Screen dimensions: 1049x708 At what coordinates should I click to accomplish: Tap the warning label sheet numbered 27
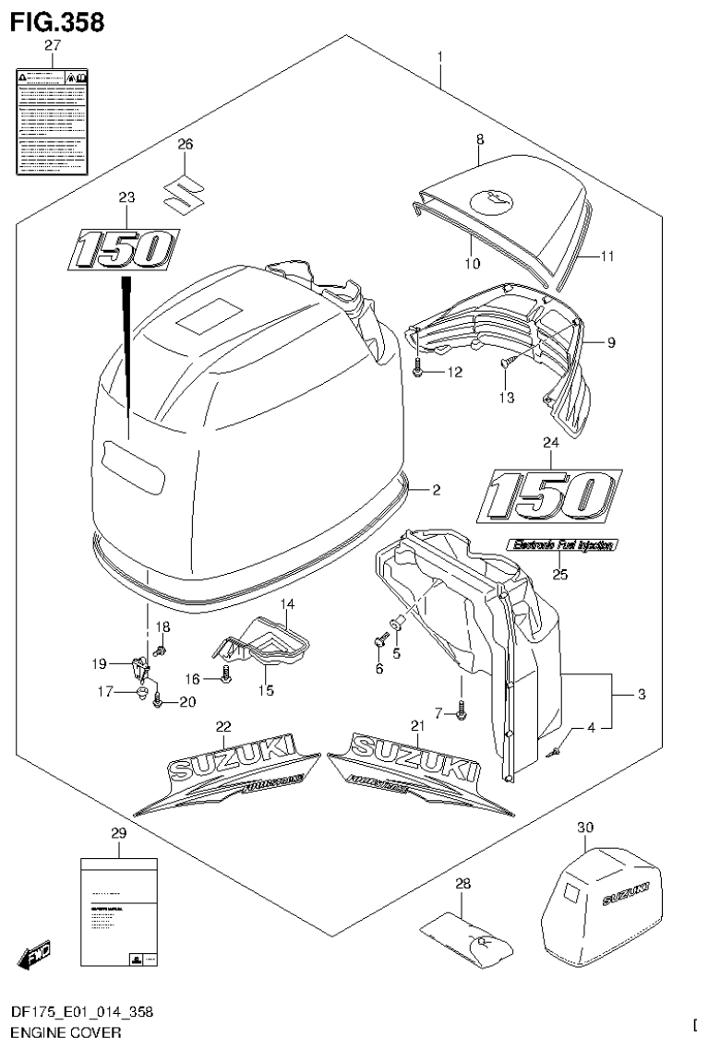[53, 120]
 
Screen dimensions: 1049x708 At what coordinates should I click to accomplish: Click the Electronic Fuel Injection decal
[560, 545]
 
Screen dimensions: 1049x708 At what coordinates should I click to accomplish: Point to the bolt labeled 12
[420, 372]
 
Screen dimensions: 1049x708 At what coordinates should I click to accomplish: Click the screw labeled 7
[462, 710]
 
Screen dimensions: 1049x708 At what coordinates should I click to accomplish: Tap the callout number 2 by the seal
[437, 490]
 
